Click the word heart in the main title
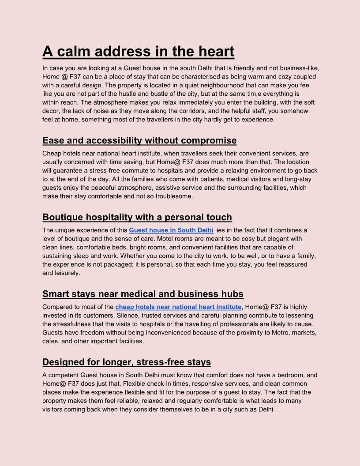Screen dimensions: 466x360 [x=216, y=52]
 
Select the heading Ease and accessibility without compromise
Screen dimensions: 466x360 [x=139, y=141]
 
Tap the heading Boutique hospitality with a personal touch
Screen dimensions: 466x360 [x=137, y=217]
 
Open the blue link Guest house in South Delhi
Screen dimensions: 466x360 [x=171, y=230]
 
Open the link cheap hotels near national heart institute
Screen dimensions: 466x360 [x=178, y=307]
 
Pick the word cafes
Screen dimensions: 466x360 [x=51, y=341]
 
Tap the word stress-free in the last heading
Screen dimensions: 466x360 [x=174, y=362]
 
